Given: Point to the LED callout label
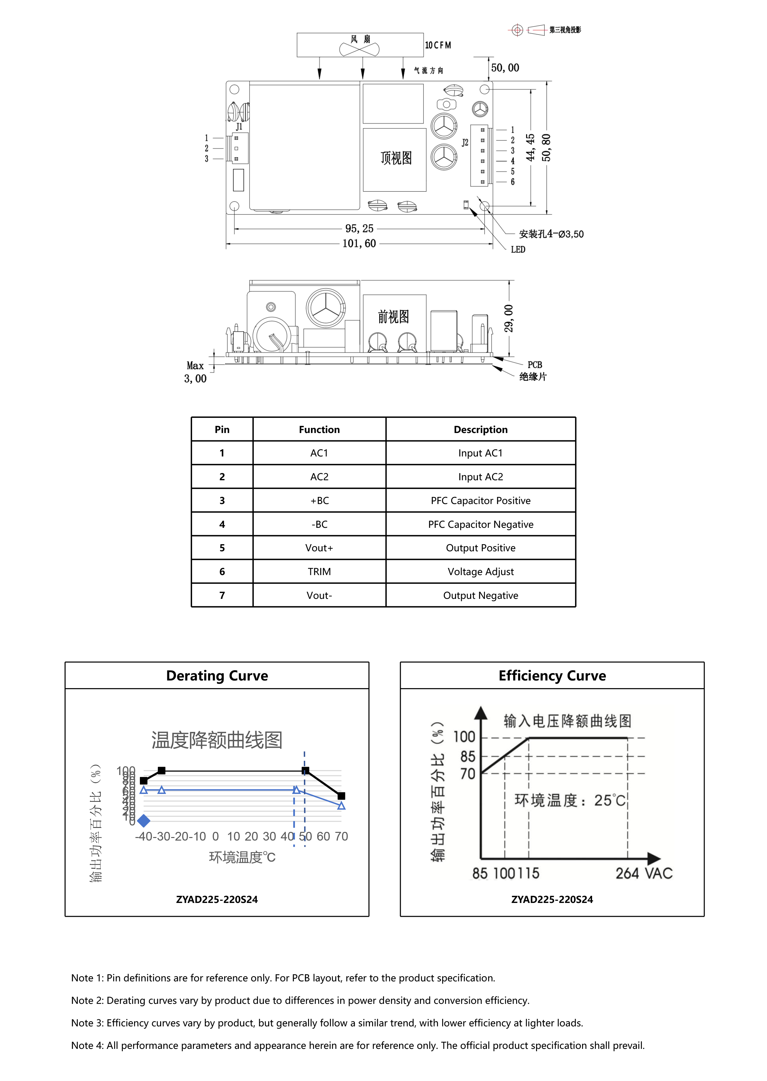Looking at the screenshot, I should (x=518, y=249).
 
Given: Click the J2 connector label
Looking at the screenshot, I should (x=465, y=143).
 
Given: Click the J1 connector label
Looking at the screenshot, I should (x=239, y=127).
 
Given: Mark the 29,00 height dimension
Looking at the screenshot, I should (x=509, y=318).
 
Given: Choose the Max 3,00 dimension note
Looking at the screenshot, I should (x=195, y=372).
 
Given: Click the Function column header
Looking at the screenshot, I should (x=319, y=429).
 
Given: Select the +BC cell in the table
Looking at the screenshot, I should (x=319, y=500).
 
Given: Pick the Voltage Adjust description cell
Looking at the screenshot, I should (x=480, y=572).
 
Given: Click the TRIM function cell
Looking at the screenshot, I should (x=319, y=572).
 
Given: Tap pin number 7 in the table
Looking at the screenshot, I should (x=222, y=595).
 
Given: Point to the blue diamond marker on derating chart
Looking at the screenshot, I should (x=143, y=821).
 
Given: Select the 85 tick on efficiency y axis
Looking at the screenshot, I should (x=468, y=756).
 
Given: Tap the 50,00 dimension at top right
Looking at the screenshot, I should (x=505, y=68).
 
